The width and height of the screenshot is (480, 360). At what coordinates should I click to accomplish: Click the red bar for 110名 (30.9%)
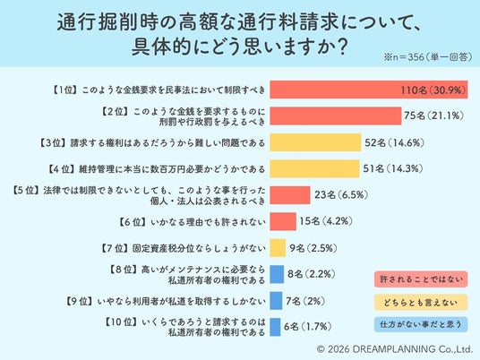coord(369,90)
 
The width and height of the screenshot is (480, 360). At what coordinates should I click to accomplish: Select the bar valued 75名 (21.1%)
coord(336,116)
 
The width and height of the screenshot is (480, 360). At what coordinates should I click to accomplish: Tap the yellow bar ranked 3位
coord(315,142)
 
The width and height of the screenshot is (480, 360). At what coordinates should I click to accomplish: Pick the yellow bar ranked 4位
coord(314,168)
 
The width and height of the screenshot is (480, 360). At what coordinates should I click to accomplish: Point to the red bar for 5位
coord(290,195)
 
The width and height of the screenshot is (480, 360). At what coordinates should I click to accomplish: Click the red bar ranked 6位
coord(283,221)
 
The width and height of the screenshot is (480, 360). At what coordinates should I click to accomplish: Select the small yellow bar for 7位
coord(278,248)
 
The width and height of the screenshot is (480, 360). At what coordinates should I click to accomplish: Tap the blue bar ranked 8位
coord(277,274)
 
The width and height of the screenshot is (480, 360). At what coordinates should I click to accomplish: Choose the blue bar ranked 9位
coord(276,301)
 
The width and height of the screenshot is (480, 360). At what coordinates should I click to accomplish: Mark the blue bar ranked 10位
coord(275,327)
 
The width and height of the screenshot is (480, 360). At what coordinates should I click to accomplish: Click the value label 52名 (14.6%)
coord(394,142)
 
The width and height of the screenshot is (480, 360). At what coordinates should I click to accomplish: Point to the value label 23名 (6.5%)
coord(341,195)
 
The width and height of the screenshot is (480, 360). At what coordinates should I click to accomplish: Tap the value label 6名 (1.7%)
coord(308,327)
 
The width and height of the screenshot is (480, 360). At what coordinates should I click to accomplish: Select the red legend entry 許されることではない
coord(421,279)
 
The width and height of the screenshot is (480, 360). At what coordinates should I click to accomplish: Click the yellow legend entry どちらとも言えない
coord(421,303)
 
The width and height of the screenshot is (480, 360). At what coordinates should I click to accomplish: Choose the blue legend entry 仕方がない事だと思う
coord(421,324)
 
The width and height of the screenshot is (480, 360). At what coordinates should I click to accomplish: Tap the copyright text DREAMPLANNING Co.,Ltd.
coord(412,349)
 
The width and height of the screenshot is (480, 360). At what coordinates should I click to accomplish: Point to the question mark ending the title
coord(342,47)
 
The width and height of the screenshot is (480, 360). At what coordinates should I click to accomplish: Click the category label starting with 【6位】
coord(192,222)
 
